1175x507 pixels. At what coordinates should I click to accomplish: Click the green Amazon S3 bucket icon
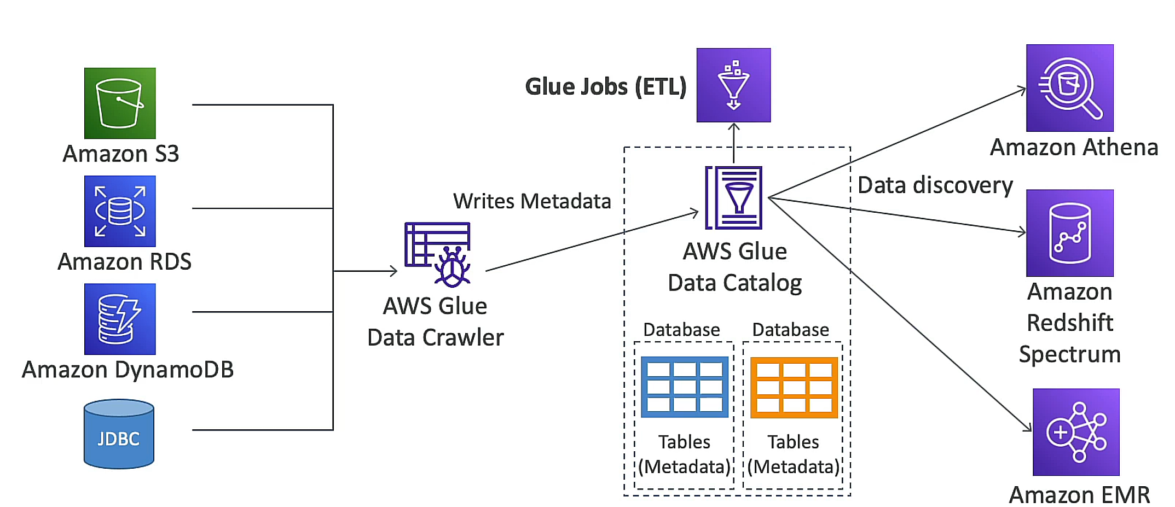[120, 103]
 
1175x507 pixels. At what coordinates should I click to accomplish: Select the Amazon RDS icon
[120, 211]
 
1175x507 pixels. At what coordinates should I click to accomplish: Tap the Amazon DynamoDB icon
[120, 319]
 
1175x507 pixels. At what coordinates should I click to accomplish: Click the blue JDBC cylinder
[119, 434]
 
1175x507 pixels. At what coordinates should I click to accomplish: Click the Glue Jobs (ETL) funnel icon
[733, 85]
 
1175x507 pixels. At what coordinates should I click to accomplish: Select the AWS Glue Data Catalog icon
[734, 198]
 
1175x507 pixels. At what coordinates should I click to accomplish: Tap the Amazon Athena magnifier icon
[1069, 88]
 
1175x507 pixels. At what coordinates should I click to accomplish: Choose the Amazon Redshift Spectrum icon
[1069, 233]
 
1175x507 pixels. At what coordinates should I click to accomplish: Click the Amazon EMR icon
[1075, 432]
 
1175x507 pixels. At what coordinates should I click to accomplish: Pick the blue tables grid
[684, 387]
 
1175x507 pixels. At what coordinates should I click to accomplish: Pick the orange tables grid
[794, 387]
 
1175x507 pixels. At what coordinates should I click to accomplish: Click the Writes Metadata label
[531, 201]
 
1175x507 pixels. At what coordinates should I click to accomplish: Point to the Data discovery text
[935, 185]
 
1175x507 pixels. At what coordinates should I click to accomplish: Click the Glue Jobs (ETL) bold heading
[605, 86]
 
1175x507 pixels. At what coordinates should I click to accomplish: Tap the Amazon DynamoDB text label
[128, 370]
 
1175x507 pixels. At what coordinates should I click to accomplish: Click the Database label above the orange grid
[790, 330]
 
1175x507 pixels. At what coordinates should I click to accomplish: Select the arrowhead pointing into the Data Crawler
[393, 271]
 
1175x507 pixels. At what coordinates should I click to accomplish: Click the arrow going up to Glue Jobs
[734, 142]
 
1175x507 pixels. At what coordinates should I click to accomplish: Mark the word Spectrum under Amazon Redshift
[1069, 354]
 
